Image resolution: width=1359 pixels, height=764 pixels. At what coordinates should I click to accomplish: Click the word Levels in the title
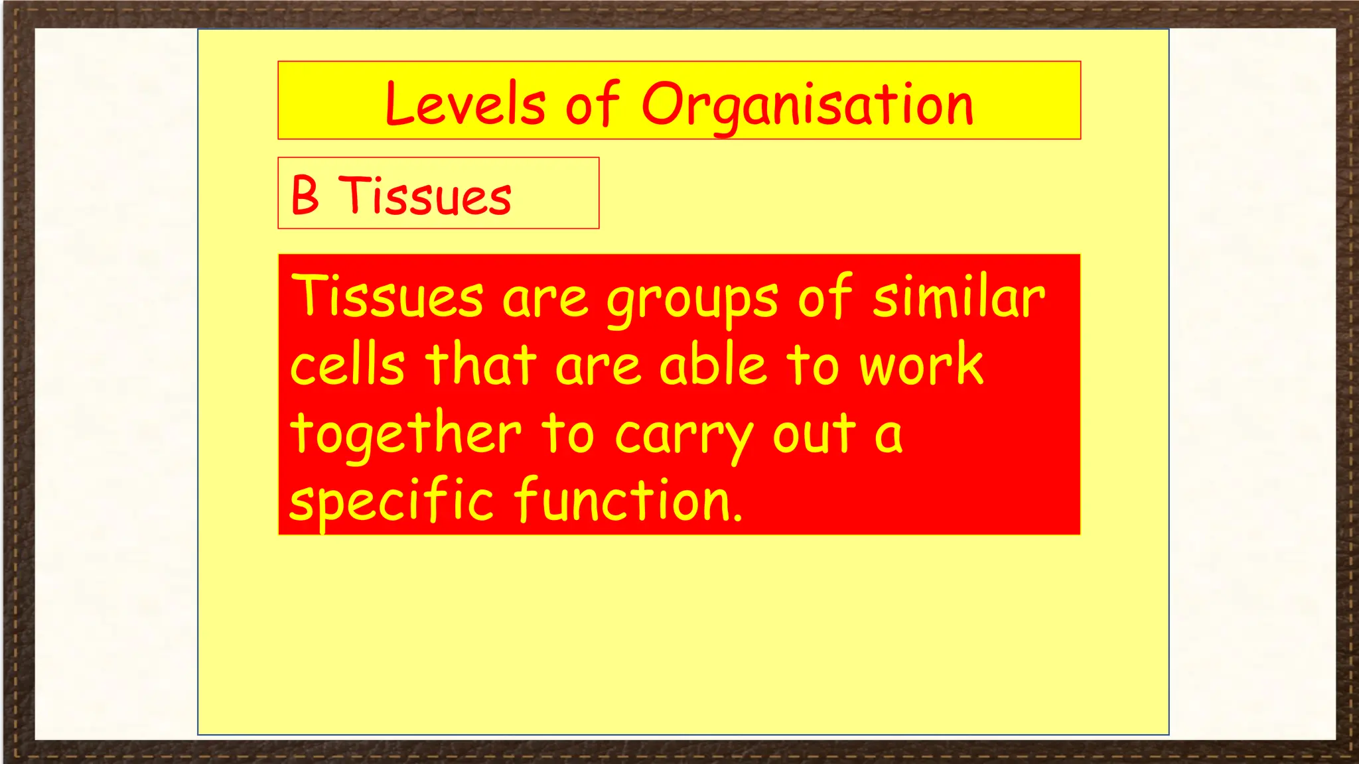coord(465,104)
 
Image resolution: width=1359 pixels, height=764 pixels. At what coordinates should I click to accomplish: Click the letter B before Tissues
coord(305,196)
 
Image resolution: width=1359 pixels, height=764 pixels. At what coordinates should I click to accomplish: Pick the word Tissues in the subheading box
coord(425,196)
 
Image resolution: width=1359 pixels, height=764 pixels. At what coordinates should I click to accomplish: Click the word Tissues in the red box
coord(388,296)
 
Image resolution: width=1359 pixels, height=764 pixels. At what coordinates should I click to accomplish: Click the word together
coord(406,434)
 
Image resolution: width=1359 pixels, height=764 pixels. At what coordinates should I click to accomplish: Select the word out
coord(814,434)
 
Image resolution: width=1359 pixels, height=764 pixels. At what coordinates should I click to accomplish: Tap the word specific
coord(392,501)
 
